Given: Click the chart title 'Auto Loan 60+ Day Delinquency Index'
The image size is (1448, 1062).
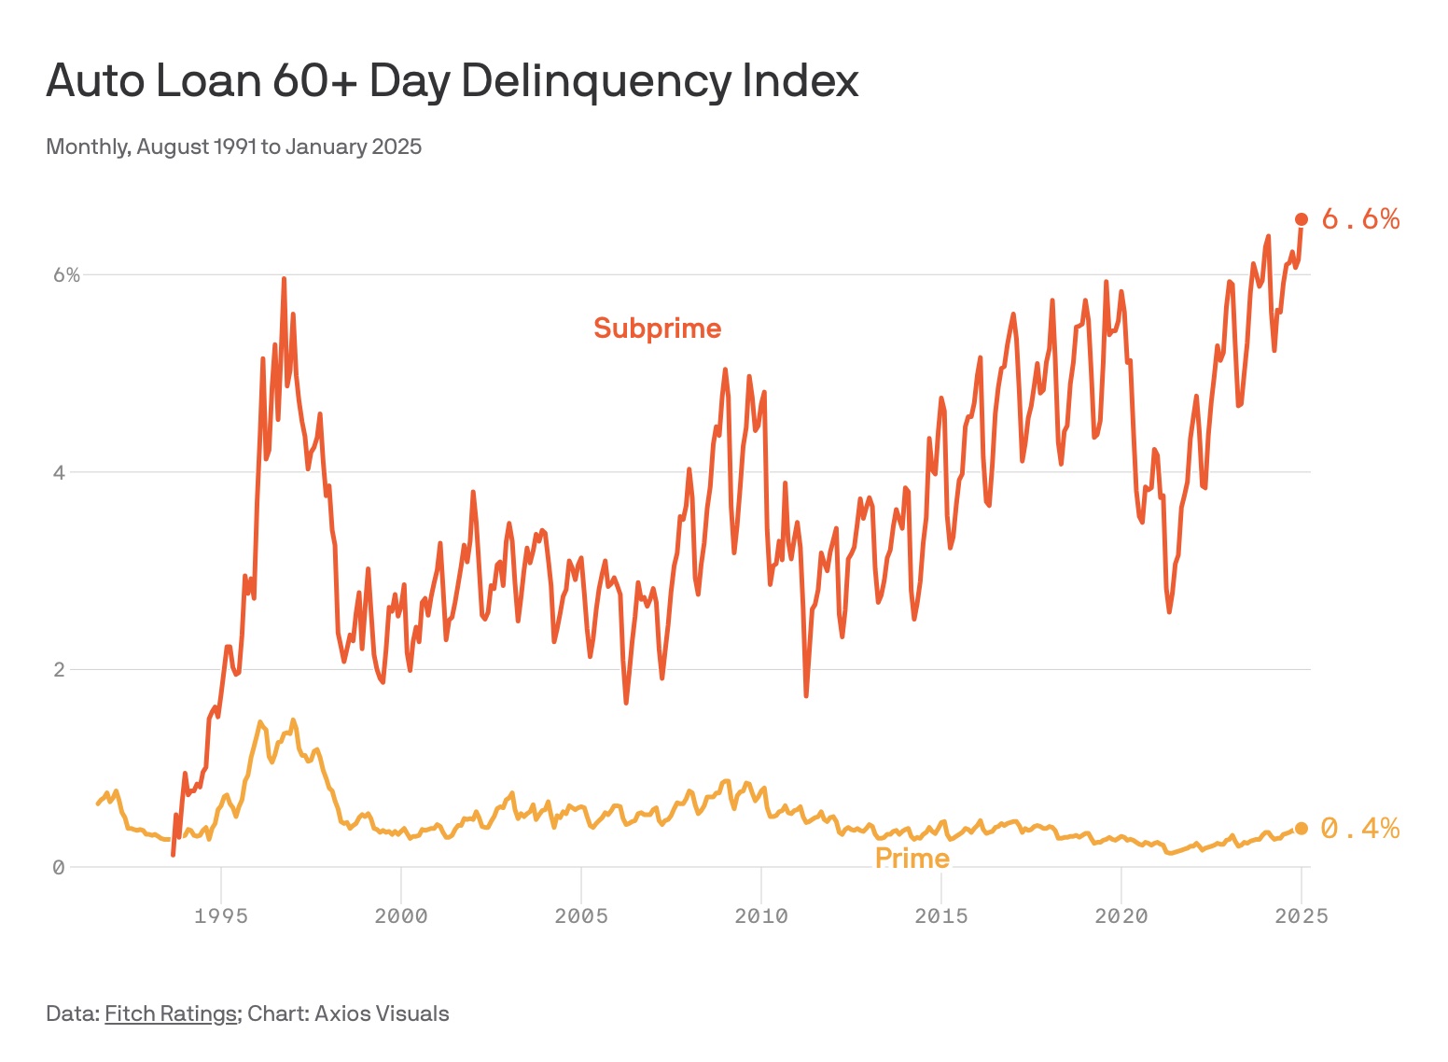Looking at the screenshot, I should tap(452, 80).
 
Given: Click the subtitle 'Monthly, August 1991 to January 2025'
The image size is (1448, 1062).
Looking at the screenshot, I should tap(233, 147).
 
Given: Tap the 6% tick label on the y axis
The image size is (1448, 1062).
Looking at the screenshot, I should tap(66, 275).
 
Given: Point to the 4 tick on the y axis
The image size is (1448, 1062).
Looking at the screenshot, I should tap(60, 472).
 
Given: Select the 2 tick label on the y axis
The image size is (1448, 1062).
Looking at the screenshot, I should tap(60, 670).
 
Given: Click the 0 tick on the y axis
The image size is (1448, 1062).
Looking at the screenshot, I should tap(59, 868).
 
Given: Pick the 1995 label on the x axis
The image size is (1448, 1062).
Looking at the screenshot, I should tap(221, 916).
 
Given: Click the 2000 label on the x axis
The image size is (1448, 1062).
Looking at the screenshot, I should tap(401, 916).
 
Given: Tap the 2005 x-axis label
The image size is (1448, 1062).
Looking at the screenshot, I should tap(581, 916).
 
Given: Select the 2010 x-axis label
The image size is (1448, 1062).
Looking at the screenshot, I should tap(761, 916).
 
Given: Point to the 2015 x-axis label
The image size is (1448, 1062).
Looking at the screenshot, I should tap(941, 916).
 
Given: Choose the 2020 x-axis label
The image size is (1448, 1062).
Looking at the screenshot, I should tap(1121, 916).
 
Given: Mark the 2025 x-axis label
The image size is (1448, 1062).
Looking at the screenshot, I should tap(1302, 916).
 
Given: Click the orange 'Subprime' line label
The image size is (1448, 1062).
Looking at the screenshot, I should tap(658, 328).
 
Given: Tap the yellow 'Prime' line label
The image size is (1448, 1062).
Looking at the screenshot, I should tap(912, 859).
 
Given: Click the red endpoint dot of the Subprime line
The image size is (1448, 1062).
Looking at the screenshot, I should tap(1302, 219).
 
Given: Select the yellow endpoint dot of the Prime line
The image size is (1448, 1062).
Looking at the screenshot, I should tap(1302, 829).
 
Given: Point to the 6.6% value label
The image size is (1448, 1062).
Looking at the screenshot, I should tap(1360, 219).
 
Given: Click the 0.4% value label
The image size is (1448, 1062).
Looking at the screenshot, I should tap(1360, 829).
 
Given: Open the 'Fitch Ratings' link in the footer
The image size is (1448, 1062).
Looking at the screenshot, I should tap(170, 1013).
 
